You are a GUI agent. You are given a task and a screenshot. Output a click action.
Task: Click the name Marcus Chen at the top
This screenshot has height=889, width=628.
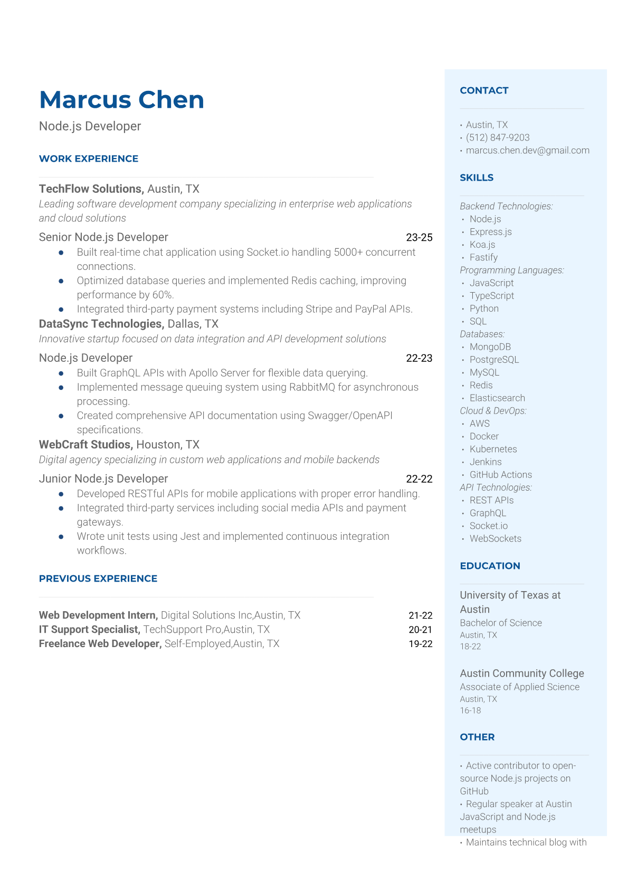(121, 100)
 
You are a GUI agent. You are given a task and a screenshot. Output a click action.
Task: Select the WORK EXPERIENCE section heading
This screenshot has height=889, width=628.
(89, 158)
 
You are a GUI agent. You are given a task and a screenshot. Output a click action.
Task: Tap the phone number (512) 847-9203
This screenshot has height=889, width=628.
(498, 137)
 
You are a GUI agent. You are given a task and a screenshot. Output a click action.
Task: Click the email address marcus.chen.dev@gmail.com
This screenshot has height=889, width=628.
(527, 150)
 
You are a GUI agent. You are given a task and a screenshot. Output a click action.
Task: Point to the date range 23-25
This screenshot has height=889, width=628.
(419, 238)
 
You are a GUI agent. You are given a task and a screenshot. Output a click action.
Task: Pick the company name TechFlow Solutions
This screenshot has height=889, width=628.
(91, 189)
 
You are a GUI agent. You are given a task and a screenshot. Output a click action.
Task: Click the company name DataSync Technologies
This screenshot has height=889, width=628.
(101, 324)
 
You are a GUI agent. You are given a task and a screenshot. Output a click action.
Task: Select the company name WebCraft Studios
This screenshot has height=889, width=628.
(85, 444)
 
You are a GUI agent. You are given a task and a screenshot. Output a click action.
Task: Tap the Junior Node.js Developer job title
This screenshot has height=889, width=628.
(103, 479)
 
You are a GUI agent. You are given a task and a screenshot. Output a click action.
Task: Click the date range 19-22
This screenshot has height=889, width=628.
(420, 644)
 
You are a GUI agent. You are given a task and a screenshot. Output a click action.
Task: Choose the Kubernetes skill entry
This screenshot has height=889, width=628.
(493, 449)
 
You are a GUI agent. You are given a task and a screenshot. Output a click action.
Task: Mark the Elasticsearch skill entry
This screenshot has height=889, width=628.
(497, 398)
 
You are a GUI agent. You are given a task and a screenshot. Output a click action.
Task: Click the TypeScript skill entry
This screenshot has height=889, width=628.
(491, 296)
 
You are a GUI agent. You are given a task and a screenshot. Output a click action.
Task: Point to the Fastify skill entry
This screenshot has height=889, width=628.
(483, 257)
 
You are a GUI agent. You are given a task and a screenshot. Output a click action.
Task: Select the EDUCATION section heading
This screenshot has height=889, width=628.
(490, 566)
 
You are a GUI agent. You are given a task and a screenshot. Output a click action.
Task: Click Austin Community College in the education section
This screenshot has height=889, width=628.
(521, 673)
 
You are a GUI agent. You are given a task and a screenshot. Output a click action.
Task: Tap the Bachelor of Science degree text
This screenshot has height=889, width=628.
(500, 623)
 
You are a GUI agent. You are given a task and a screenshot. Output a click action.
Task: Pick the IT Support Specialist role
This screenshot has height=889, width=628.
(89, 630)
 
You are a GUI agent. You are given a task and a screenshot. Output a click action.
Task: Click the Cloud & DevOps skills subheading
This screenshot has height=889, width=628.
(493, 410)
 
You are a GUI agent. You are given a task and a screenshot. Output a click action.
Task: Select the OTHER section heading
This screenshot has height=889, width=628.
(477, 737)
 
